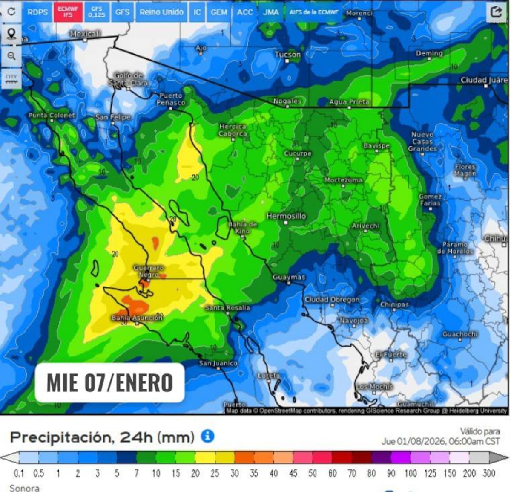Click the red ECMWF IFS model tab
[x=68, y=12]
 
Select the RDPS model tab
[x=37, y=12]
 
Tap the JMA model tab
[x=270, y=12]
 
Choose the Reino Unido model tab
[x=161, y=12]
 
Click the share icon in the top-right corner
[x=497, y=12]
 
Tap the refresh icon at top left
[x=11, y=12]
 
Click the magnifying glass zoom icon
[x=11, y=56]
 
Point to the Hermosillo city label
[x=286, y=216]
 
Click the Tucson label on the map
[x=287, y=55]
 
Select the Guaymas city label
[x=289, y=277]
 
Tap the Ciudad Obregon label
[x=332, y=299]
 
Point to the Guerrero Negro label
[x=148, y=271]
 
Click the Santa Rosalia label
[x=227, y=307]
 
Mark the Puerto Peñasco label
[x=171, y=99]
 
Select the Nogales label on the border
[x=287, y=101]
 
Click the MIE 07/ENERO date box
[x=109, y=382]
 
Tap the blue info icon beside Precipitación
[x=207, y=436]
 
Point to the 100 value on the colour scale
[x=411, y=473]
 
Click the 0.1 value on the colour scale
[x=19, y=473]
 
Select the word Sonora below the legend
[x=24, y=488]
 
